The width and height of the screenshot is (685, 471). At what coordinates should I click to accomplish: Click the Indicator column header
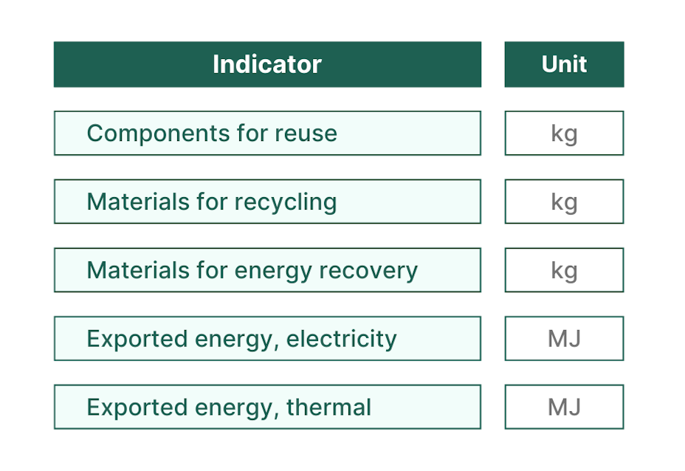click(x=267, y=64)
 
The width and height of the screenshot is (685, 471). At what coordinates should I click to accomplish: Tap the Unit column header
click(x=564, y=64)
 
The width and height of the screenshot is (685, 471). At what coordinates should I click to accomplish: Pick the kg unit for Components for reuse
click(x=564, y=134)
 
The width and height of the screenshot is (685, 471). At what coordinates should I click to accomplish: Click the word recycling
click(x=286, y=202)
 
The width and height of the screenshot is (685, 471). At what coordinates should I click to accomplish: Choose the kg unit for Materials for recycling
click(x=564, y=202)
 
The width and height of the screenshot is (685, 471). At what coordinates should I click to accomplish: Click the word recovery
click(x=368, y=271)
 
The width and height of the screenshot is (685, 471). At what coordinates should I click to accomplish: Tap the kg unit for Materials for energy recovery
click(x=564, y=271)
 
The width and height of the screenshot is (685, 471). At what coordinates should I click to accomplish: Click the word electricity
click(x=342, y=339)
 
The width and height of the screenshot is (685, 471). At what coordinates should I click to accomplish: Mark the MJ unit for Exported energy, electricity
click(x=564, y=339)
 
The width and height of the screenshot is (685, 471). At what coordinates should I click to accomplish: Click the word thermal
click(x=328, y=408)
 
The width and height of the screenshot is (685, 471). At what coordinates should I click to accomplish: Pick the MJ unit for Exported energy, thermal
click(x=564, y=408)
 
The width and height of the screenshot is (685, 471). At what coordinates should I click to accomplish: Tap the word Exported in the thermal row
click(x=137, y=408)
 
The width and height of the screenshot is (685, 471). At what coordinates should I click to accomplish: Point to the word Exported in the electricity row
click(x=137, y=339)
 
